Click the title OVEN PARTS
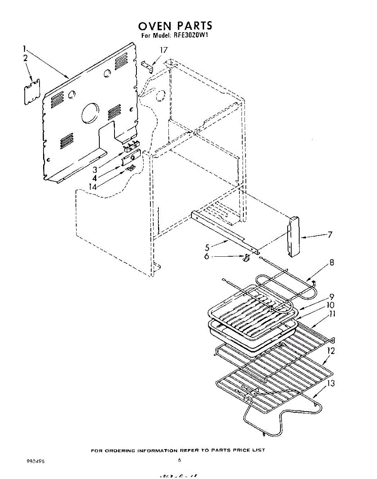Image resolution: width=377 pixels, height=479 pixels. click(x=175, y=26)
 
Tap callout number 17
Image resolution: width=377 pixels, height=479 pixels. click(x=163, y=50)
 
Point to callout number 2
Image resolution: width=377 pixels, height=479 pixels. click(x=26, y=58)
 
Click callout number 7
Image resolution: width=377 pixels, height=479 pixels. click(x=330, y=235)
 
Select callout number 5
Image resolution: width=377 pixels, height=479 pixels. click(x=207, y=247)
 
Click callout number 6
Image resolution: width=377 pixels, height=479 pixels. click(x=207, y=256)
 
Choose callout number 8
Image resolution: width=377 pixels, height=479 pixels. click(x=332, y=263)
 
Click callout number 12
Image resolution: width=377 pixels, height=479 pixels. click(x=331, y=351)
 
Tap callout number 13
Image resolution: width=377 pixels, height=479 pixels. click(x=331, y=383)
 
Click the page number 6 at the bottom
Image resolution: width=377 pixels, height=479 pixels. click(x=180, y=460)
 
